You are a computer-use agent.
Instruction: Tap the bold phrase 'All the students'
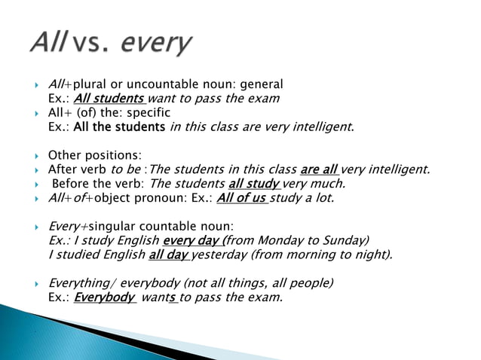point(118,127)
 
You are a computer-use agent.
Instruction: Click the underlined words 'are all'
point(318,169)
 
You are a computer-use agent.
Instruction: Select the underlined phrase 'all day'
point(169,255)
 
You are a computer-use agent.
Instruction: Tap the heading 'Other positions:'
point(94,155)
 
